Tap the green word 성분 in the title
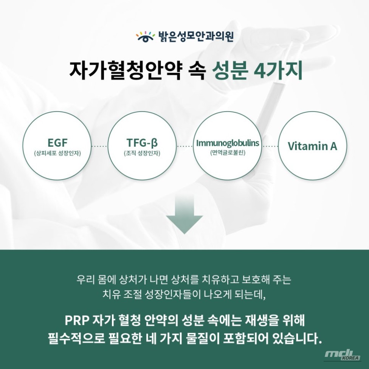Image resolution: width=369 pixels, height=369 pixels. (229, 71)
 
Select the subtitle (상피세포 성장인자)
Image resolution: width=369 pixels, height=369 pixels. (57, 153)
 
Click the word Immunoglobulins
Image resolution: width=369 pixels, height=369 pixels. (228, 143)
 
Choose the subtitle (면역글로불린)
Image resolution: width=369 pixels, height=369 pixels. (228, 153)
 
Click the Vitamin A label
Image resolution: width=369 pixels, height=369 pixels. (312, 146)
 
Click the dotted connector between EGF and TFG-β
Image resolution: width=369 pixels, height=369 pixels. (99, 146)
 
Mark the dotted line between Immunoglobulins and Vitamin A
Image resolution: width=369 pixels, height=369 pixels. (270, 146)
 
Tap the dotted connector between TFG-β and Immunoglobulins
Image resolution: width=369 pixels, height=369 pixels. (185, 146)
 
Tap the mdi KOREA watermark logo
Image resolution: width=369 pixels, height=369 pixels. (342, 355)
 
